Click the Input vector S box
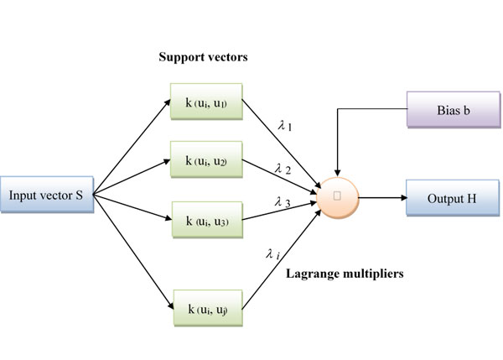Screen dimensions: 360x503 point(46,196)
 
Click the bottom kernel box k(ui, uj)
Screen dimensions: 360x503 point(206,309)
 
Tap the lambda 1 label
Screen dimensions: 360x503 point(284,126)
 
